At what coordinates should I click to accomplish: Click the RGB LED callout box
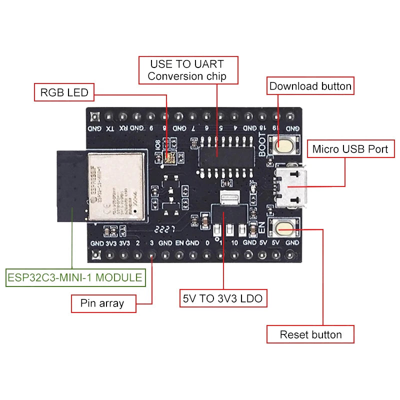[64, 92]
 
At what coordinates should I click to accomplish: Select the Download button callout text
[310, 86]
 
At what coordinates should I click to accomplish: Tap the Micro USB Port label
[350, 149]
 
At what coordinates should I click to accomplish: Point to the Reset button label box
[310, 334]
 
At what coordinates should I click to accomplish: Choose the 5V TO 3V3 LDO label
[223, 299]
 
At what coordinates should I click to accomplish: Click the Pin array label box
[103, 303]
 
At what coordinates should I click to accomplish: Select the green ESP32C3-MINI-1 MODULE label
[75, 277]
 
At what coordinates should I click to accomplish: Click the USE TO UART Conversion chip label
[187, 70]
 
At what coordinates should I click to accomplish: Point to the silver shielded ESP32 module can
[116, 186]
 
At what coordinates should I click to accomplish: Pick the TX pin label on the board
[110, 128]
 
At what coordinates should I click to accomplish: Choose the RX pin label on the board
[123, 128]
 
